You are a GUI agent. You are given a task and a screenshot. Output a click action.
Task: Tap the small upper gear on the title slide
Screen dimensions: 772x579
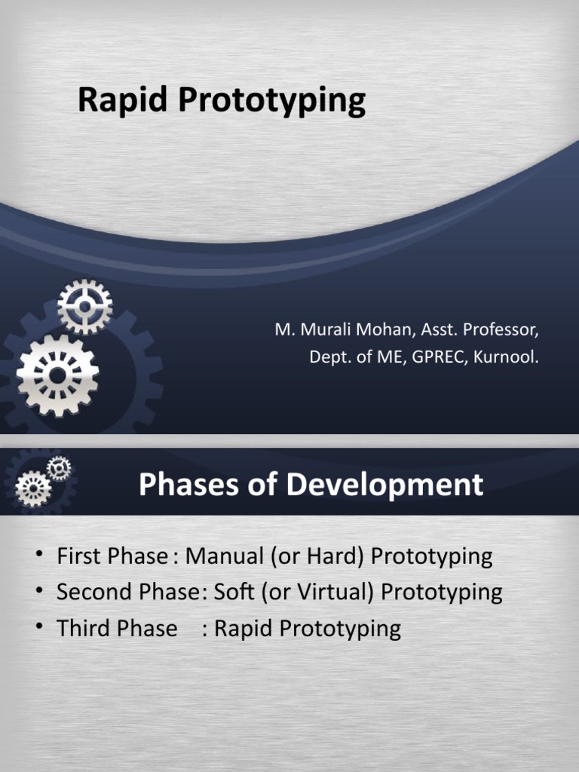(x=85, y=306)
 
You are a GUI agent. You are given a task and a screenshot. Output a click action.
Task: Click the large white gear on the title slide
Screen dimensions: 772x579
(x=58, y=375)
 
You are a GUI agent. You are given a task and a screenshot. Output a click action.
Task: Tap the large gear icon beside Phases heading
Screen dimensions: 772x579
(x=33, y=489)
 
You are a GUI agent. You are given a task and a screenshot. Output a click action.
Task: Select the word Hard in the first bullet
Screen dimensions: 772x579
(x=339, y=557)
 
